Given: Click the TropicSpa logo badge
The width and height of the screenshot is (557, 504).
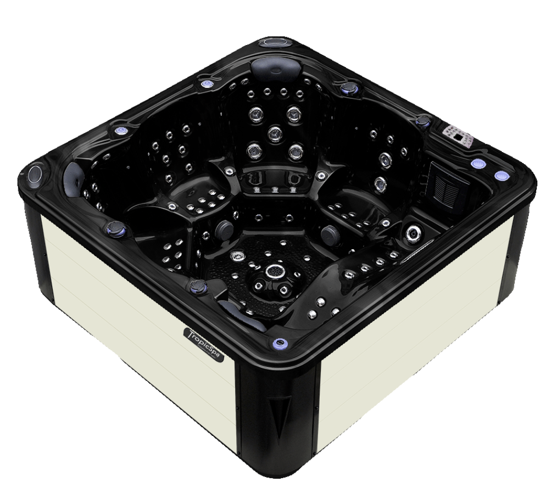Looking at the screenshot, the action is (x=204, y=344).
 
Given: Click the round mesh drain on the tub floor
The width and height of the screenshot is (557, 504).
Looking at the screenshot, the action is (x=274, y=271).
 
